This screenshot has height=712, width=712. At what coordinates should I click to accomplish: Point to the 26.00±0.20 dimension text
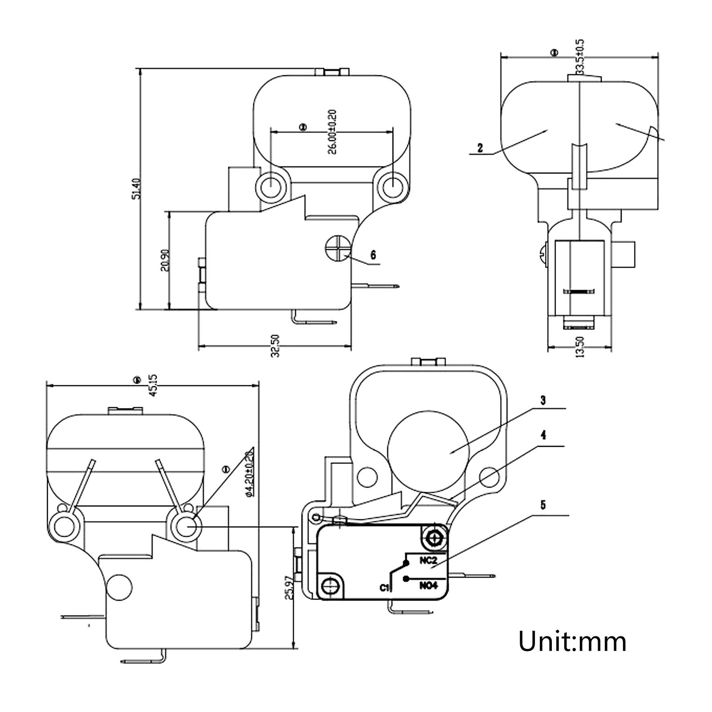[x=333, y=132]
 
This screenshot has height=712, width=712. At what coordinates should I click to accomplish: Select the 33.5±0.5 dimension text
[x=580, y=57]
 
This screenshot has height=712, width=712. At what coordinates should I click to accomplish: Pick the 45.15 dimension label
[x=152, y=385]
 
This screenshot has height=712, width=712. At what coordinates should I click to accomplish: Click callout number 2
[x=480, y=148]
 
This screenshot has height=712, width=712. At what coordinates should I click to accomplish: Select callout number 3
[x=542, y=400]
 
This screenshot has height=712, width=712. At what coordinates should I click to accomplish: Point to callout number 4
[x=542, y=435]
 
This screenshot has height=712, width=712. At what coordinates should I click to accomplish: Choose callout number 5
[x=542, y=505]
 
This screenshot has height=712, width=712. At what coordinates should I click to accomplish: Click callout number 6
[x=373, y=255]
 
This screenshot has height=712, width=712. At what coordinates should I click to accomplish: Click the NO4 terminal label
[x=429, y=586]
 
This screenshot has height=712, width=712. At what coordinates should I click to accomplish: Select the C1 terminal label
[x=385, y=588]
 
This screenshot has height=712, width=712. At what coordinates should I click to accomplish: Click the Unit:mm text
[x=573, y=641]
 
